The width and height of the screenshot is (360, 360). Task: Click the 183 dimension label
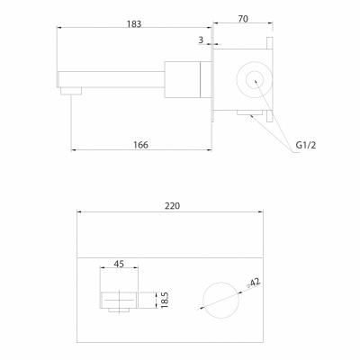coord(134,23)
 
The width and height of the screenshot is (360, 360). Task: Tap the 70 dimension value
coord(243,19)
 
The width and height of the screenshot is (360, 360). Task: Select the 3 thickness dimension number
coord(201,40)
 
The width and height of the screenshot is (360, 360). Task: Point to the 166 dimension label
coord(140,145)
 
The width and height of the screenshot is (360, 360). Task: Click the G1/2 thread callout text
coord(306,145)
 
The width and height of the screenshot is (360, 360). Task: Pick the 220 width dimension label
coord(172,206)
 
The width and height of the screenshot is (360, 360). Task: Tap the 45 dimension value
coord(119,264)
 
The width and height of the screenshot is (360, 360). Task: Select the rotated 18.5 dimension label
coord(165,300)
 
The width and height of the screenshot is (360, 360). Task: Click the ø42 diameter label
coord(254,283)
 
